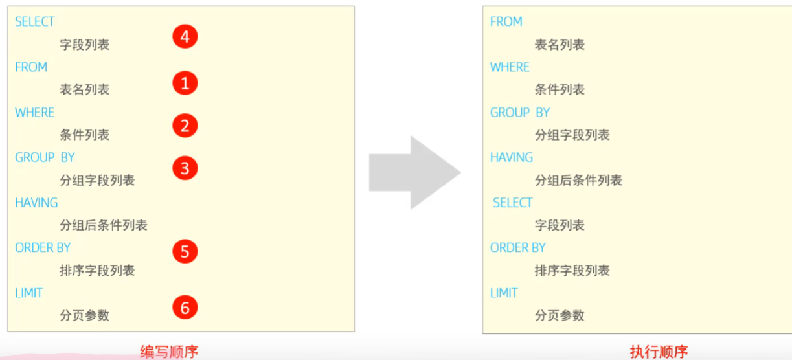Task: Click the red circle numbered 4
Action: click(185, 37)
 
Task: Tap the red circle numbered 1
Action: click(185, 83)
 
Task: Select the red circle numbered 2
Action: click(185, 125)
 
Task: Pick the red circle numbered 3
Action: click(185, 168)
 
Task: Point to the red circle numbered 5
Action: click(185, 251)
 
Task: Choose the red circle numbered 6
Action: click(185, 308)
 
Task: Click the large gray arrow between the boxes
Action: click(414, 172)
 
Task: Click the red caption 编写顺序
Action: click(169, 352)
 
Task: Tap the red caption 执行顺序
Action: click(659, 352)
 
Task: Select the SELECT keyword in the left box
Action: click(35, 22)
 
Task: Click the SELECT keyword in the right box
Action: click(512, 203)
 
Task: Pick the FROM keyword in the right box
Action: click(506, 22)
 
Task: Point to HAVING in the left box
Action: click(36, 203)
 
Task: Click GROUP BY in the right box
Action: click(520, 113)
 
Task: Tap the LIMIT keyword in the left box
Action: click(29, 293)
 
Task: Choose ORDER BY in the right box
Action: click(518, 248)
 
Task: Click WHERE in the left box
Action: click(35, 113)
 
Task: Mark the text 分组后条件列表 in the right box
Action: click(578, 180)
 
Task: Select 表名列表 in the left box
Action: click(85, 89)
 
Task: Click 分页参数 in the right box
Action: click(560, 315)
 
